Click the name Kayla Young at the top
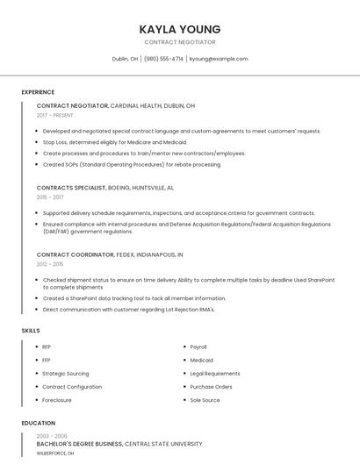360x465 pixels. point(180,29)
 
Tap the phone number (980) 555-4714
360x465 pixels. point(163,59)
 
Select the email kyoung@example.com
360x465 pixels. point(219,59)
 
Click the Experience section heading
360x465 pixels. point(38,92)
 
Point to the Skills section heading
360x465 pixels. point(31,330)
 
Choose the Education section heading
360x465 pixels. point(38,423)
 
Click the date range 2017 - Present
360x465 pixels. point(55,115)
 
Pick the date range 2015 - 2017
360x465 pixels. point(50,197)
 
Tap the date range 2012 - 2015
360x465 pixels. point(50,264)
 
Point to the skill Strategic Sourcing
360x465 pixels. point(66,374)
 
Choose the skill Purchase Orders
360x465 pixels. point(212,387)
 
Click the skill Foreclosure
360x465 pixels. point(57,400)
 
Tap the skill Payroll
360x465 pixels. point(198,347)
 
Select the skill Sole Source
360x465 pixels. point(205,400)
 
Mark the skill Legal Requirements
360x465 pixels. point(215,374)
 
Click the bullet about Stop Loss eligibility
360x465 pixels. point(115,142)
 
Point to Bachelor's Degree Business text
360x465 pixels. point(80,445)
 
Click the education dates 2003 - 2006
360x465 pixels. point(52,436)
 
